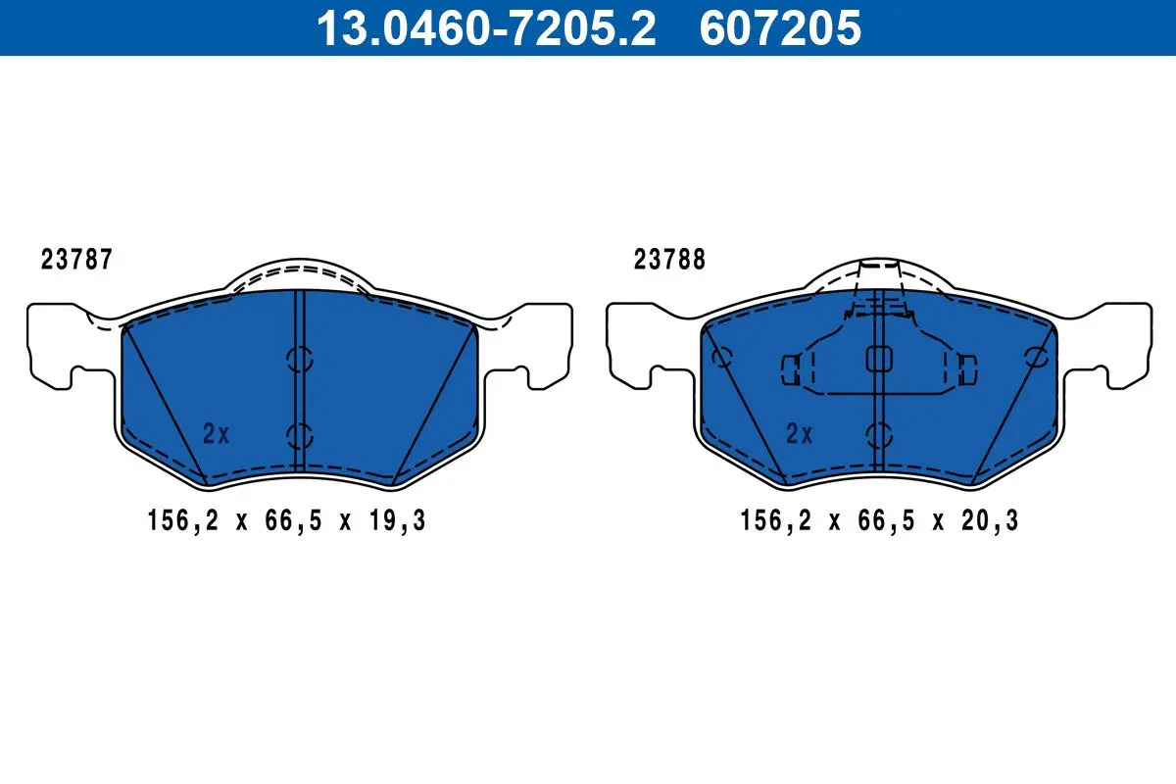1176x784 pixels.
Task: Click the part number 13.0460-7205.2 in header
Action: [486, 27]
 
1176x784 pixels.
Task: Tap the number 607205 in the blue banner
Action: [781, 27]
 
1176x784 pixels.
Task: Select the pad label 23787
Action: [76, 260]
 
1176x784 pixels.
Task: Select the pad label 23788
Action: [669, 260]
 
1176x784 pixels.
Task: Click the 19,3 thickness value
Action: [398, 520]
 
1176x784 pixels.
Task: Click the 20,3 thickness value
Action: [990, 520]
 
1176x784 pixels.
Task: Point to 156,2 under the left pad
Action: [183, 520]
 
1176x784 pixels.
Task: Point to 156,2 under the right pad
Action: [775, 520]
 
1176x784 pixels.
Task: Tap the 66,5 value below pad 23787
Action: [293, 520]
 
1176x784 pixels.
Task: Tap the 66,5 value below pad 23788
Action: [886, 520]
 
